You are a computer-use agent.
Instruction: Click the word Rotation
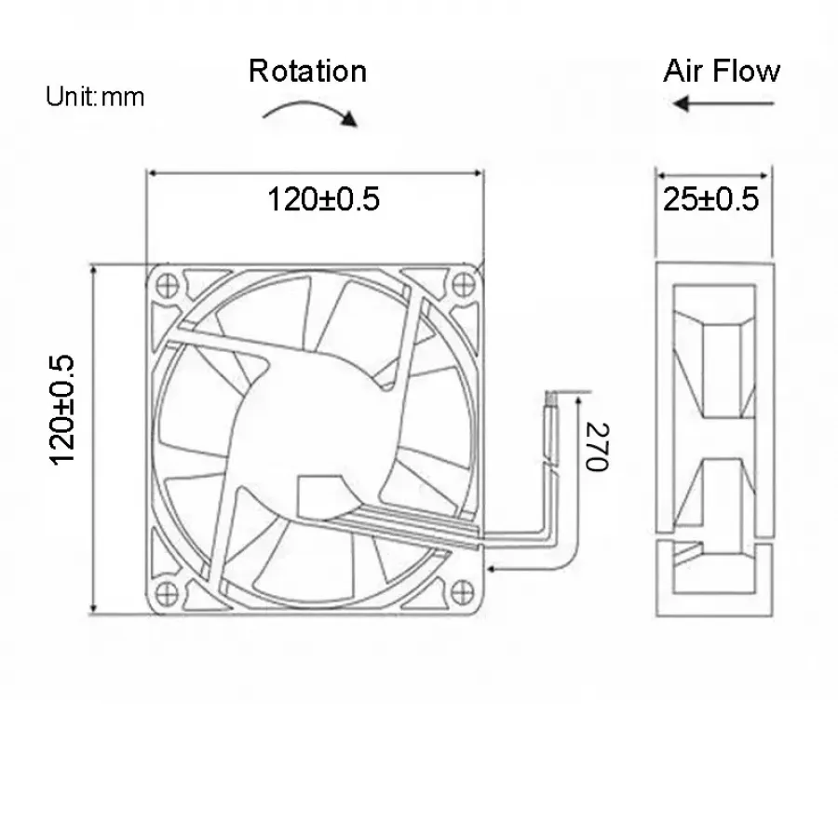click(308, 71)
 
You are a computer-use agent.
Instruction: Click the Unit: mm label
click(95, 97)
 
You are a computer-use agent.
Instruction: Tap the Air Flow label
click(722, 71)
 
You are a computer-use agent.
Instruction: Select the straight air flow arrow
click(723, 103)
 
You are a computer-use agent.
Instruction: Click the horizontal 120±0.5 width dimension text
click(323, 199)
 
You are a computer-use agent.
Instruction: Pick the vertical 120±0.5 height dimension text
click(62, 410)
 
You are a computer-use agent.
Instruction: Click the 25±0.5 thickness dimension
click(710, 199)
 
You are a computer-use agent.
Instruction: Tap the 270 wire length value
click(598, 447)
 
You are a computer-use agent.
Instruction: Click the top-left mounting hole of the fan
click(168, 285)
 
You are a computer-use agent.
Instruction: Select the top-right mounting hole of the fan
click(464, 284)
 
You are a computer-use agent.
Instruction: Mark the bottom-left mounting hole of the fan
click(167, 593)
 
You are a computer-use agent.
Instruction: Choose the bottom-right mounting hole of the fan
click(462, 591)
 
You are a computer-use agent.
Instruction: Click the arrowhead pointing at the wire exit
click(493, 569)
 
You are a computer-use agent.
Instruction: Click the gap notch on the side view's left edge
click(663, 537)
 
